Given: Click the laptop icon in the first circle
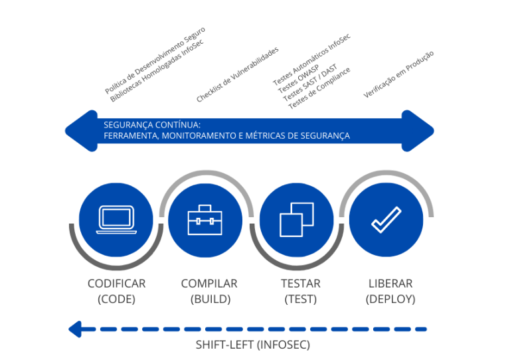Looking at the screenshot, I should pyautogui.click(x=116, y=220).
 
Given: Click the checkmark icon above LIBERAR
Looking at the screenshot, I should pyautogui.click(x=386, y=220).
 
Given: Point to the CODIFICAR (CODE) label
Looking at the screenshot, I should pyautogui.click(x=116, y=291).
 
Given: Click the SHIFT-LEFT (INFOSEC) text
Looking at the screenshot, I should pyautogui.click(x=252, y=345).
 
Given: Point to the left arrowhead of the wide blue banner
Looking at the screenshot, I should pyautogui.click(x=78, y=130).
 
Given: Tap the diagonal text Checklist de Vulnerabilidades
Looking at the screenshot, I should pyautogui.click(x=237, y=74).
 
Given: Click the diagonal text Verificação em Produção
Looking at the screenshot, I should pyautogui.click(x=398, y=74).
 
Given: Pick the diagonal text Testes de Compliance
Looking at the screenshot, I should pyautogui.click(x=319, y=88).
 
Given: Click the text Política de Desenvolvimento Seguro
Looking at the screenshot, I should pyautogui.click(x=155, y=60).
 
